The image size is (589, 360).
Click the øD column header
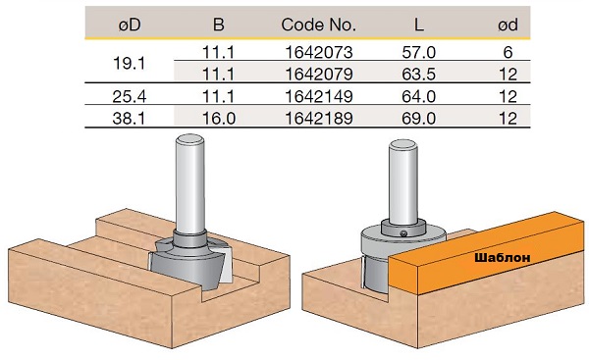coord(130,26)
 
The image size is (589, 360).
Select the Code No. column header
coord(318,26)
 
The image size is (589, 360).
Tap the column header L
coord(419,26)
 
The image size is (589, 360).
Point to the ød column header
coord(508,26)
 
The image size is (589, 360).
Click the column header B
coord(218,26)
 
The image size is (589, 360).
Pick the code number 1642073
coord(319,52)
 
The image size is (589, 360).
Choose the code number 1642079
coord(319,74)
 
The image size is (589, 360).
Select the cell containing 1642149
coord(319,96)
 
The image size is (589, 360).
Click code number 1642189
coord(319,119)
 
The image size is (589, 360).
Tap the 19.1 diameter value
coord(129,64)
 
